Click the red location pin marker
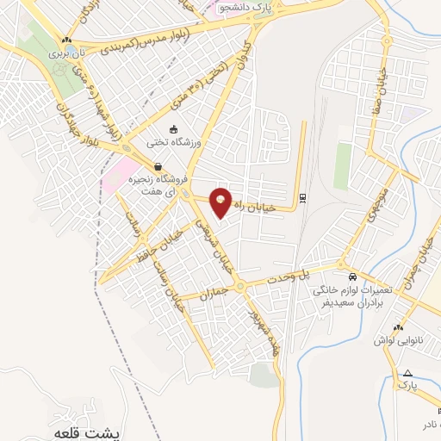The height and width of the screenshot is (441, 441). [x=222, y=201]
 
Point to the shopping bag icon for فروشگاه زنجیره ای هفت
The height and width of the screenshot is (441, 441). [x=157, y=167]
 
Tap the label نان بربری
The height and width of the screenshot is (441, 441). [x=67, y=52]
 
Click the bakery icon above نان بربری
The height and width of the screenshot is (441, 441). [x=67, y=40]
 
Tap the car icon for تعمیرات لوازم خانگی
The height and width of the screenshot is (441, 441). [x=353, y=277]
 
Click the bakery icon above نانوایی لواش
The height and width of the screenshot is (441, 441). [x=397, y=328]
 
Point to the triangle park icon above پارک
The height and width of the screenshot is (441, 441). [x=407, y=373]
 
